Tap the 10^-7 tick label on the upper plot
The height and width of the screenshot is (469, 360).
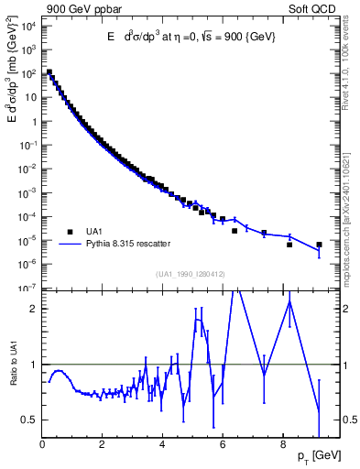point(29,288)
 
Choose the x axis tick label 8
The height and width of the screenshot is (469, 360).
point(283,447)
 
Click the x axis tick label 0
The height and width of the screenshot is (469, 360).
point(42,447)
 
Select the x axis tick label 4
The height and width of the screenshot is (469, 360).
point(163,447)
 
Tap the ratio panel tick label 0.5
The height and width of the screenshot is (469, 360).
point(30,420)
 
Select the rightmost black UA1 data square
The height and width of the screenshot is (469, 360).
point(319,245)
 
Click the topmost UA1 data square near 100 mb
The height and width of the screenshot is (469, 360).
point(49,72)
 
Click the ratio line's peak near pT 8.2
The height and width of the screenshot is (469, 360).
point(289,302)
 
